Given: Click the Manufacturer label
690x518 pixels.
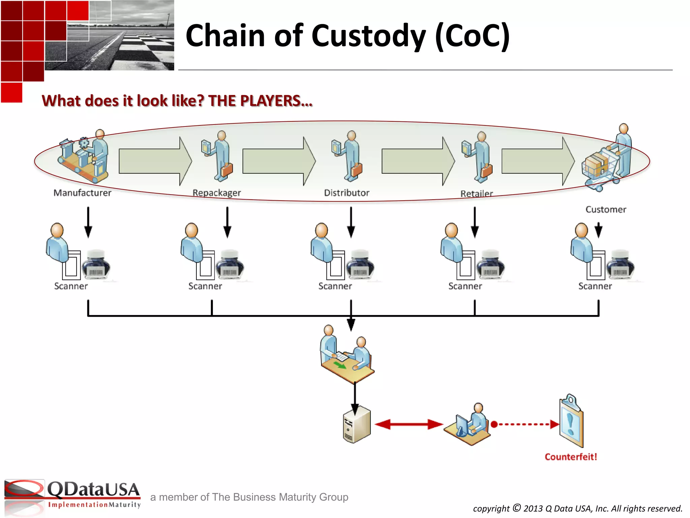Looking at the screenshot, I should point(83,193).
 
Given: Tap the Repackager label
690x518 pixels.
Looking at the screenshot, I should point(217,193).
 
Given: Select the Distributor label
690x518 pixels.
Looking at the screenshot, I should point(347,193).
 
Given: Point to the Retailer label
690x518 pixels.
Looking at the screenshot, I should point(476,194).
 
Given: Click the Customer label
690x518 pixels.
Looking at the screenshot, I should point(606,209).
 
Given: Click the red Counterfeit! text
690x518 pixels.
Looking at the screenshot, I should point(571,457).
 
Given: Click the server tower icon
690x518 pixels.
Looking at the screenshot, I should point(357,425).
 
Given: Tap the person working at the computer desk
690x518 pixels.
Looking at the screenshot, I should point(468,425).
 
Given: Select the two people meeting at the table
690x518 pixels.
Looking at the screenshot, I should point(347,354).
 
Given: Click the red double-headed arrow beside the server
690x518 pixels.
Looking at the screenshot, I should point(408,424).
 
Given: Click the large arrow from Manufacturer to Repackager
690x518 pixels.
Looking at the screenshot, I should point(155,161).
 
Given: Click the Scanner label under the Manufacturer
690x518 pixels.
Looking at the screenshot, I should point(71,286).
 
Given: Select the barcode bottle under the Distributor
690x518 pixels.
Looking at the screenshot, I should point(360,265).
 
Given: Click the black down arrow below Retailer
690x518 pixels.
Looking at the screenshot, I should point(475,223).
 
